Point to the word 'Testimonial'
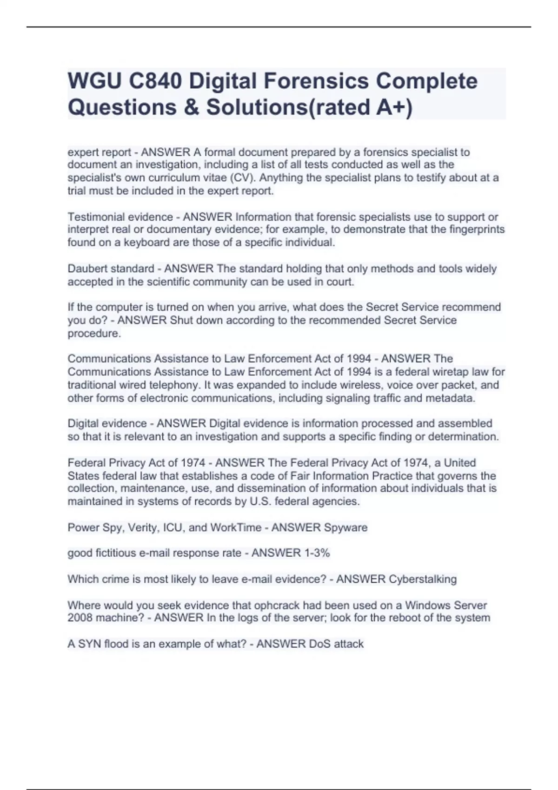click(94, 217)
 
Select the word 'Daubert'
click(86, 269)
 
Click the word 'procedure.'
click(94, 333)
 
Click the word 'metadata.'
click(453, 398)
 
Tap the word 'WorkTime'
click(236, 527)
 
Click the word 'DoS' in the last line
click(319, 644)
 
